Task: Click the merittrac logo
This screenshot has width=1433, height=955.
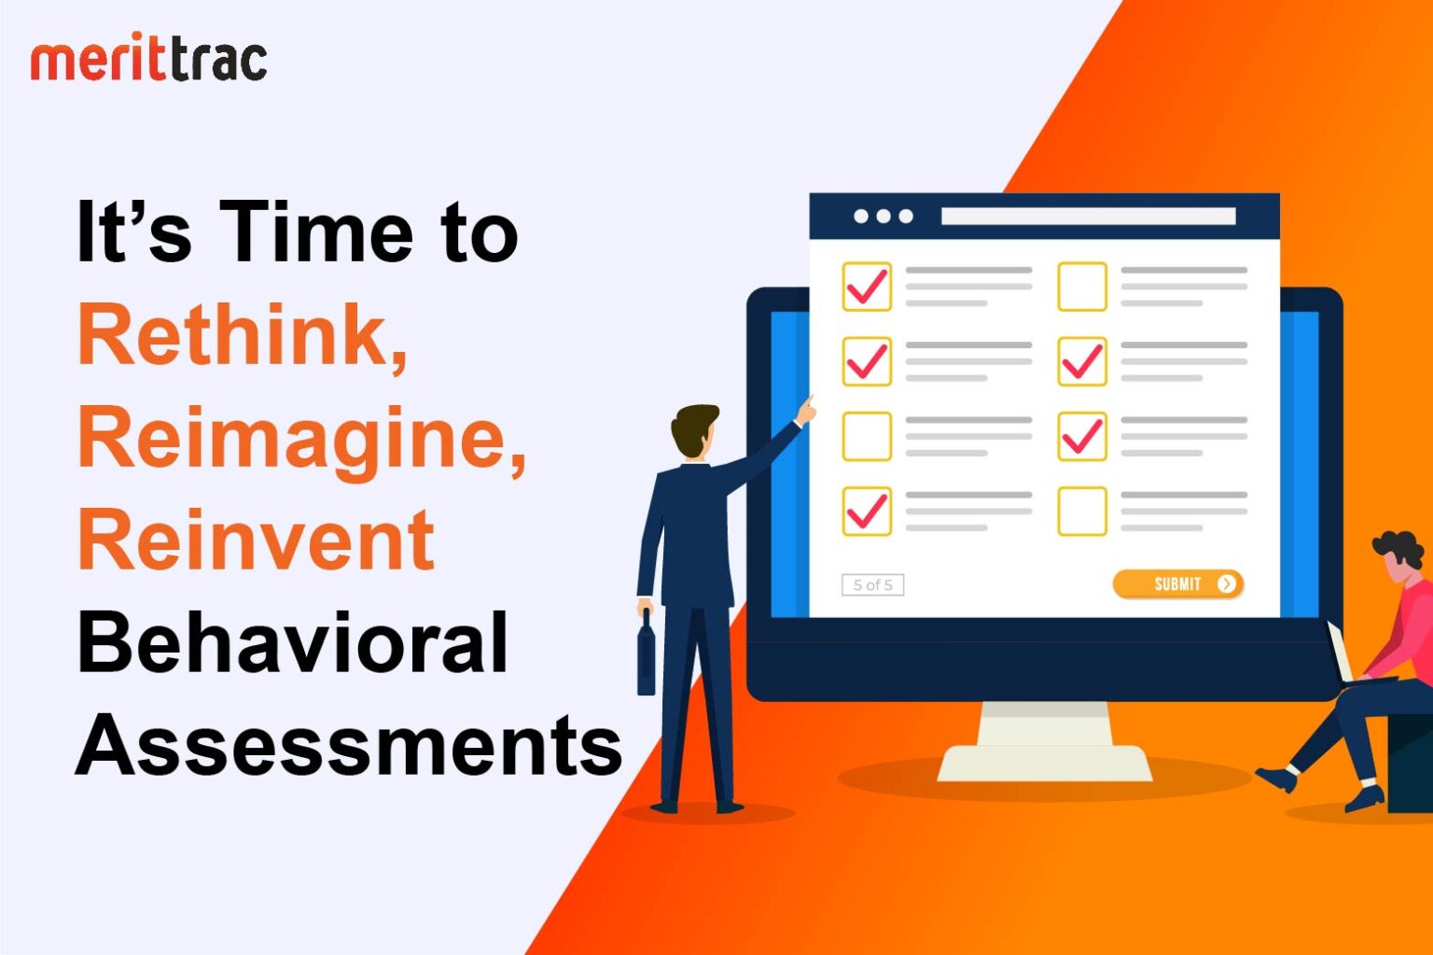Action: click(148, 61)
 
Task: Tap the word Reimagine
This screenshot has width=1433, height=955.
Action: click(300, 439)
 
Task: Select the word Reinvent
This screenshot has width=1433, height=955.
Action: click(256, 541)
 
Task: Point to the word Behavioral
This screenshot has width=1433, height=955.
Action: click(292, 643)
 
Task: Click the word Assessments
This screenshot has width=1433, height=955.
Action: click(348, 746)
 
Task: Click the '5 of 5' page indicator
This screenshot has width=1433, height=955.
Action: click(872, 585)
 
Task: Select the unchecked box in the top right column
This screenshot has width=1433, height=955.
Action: click(1081, 287)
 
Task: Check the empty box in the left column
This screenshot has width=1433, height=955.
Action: click(867, 437)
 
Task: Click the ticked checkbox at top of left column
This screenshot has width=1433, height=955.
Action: click(867, 287)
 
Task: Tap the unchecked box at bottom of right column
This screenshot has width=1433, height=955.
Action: click(1081, 512)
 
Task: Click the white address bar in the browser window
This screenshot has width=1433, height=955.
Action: click(1088, 217)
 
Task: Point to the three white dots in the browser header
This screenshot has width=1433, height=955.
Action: click(883, 217)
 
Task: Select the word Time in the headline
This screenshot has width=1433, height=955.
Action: click(316, 233)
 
